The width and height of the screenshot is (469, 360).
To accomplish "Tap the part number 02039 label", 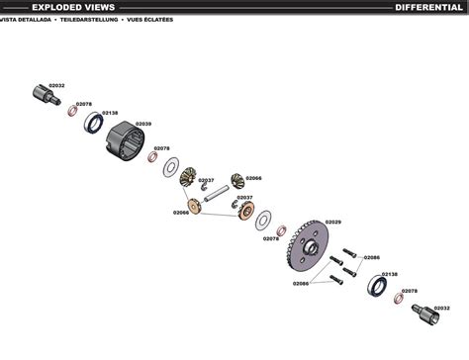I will (143, 124).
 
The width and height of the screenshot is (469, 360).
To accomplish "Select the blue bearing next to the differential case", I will (95, 122).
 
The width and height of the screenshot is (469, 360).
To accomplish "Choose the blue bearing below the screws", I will (378, 287).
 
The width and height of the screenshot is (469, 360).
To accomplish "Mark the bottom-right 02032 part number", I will (441, 307).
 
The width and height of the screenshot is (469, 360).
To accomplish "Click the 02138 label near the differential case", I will (110, 114).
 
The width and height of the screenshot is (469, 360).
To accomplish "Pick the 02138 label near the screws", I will (390, 274).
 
